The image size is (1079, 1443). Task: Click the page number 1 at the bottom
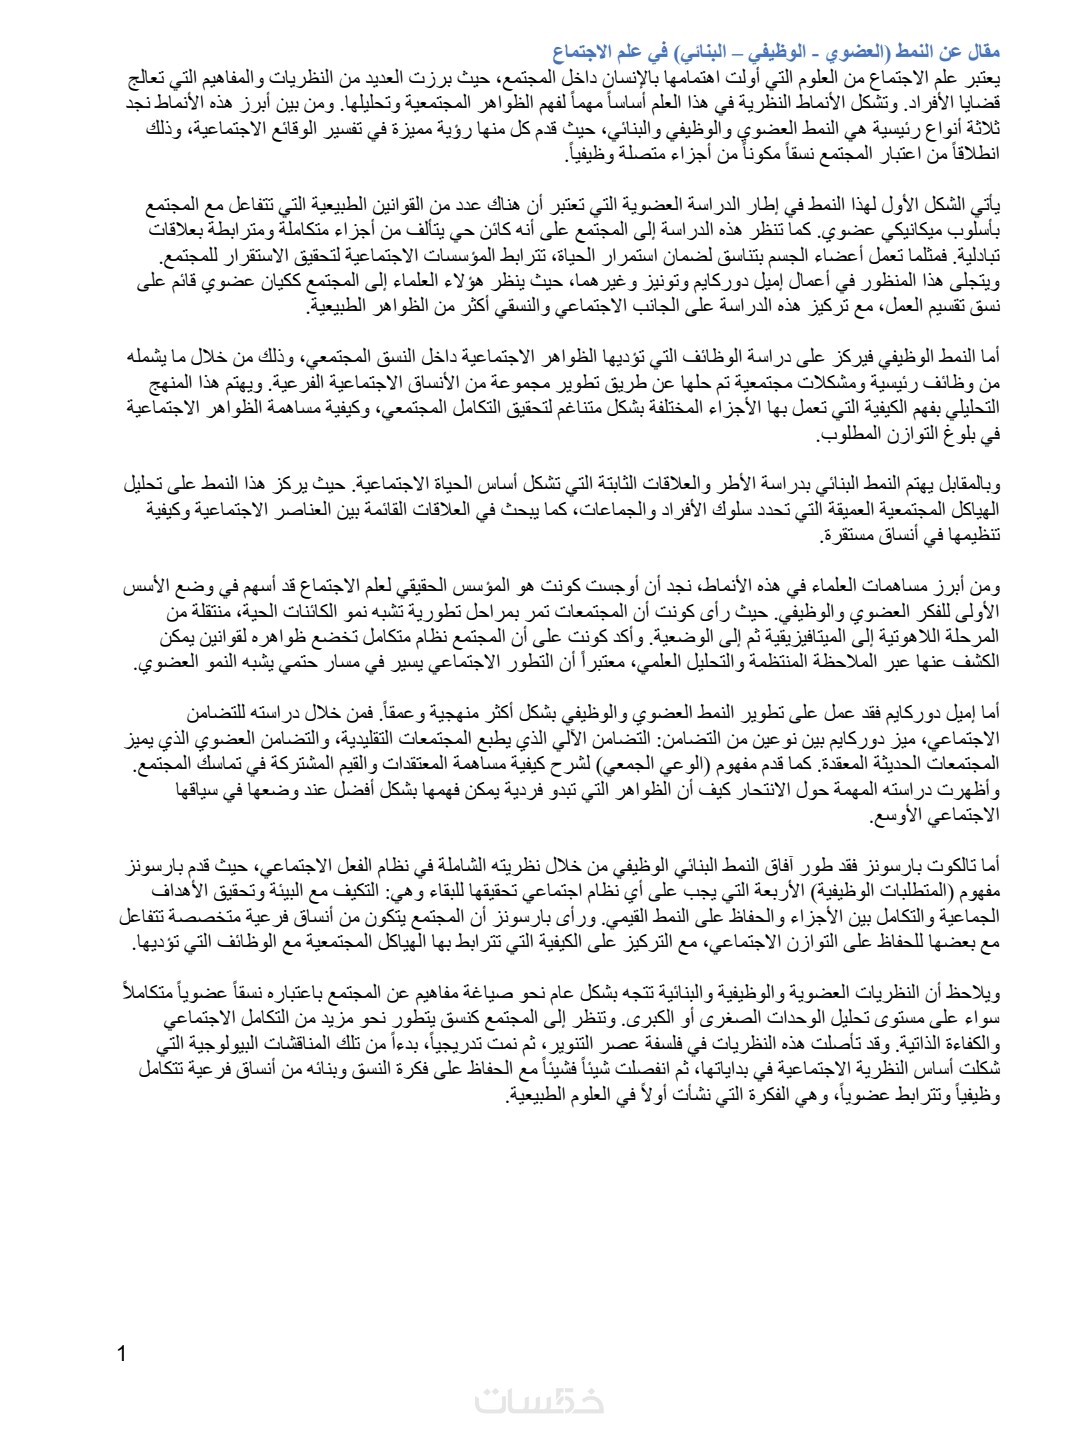point(122,1355)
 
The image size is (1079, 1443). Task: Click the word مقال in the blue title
point(984,52)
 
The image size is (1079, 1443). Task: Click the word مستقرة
point(829,535)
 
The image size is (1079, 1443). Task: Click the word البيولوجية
point(212,1044)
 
